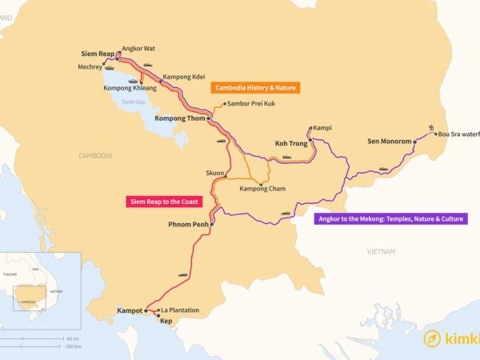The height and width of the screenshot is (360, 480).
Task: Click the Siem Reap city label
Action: [x=97, y=54]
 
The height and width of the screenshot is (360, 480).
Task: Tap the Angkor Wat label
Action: [x=138, y=48]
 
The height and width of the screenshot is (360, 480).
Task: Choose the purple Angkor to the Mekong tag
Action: [x=391, y=218]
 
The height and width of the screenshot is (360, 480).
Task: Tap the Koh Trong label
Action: [x=291, y=143]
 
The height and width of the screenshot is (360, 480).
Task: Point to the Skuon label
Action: [x=214, y=172]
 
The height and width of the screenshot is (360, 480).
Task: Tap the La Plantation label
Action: [x=180, y=310]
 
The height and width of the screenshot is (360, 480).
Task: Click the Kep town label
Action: [x=166, y=321]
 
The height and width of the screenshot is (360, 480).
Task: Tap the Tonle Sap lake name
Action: [x=130, y=102]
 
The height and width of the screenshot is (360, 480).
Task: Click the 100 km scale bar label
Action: [x=73, y=346]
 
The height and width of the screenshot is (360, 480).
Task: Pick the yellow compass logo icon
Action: [x=433, y=338]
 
